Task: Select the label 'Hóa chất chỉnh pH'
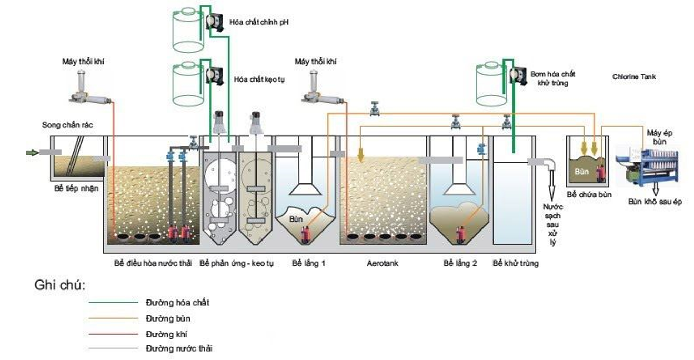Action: click(259, 23)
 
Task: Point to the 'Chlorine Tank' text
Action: click(634, 77)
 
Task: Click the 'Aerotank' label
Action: click(382, 263)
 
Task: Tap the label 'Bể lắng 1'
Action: click(308, 263)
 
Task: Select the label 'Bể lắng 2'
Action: click(460, 263)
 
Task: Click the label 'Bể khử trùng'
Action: click(515, 263)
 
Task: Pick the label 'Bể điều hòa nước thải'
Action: click(153, 263)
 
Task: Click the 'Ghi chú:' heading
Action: click(59, 286)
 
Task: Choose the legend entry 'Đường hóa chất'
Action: click(177, 303)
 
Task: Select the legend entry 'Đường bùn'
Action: click(167, 318)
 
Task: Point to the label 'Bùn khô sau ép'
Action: click(655, 202)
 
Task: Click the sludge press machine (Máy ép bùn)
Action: click(647, 164)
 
